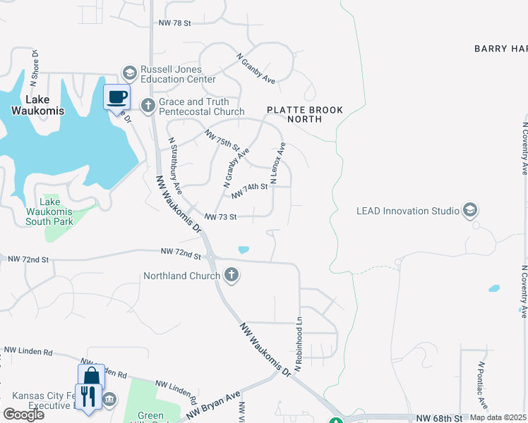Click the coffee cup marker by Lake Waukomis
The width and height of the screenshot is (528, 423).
click(117, 97)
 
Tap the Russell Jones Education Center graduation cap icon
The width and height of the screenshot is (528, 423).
click(129, 73)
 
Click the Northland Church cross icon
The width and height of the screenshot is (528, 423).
click(232, 276)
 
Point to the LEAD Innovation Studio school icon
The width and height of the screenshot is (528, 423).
click(469, 210)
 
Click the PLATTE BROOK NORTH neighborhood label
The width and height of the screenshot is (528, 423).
click(304, 114)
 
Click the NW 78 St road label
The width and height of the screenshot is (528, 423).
click(175, 23)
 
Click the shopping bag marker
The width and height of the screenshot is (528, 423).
click(92, 376)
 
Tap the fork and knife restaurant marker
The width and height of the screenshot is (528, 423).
click(88, 396)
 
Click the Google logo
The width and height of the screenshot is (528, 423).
click(23, 415)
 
